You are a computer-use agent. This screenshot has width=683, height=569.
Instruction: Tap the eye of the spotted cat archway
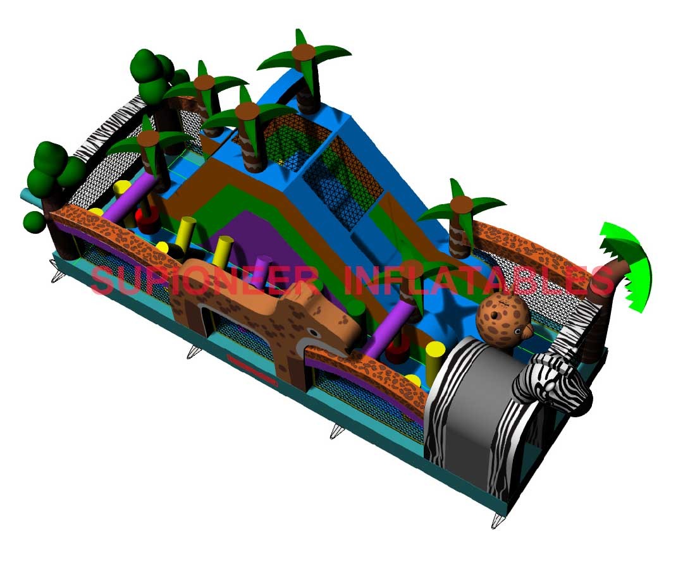pos(314,333)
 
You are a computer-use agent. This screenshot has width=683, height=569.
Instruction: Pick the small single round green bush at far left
pos(34,222)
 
